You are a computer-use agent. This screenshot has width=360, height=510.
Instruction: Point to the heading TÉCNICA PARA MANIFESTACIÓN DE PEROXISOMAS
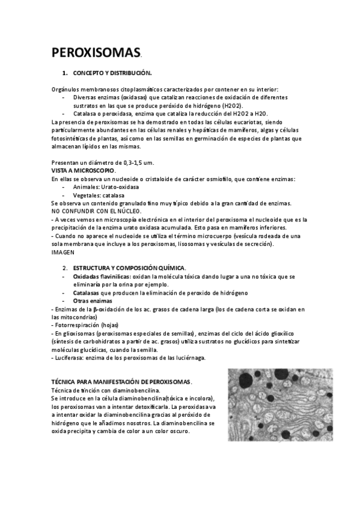point(121,382)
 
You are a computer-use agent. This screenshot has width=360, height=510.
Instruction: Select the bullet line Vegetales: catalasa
point(99,195)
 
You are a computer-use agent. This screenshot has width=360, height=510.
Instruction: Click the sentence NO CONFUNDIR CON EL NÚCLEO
point(96,211)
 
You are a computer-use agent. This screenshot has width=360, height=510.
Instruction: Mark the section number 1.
point(65,73)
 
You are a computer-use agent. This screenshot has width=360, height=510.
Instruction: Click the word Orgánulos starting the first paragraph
point(65,89)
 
